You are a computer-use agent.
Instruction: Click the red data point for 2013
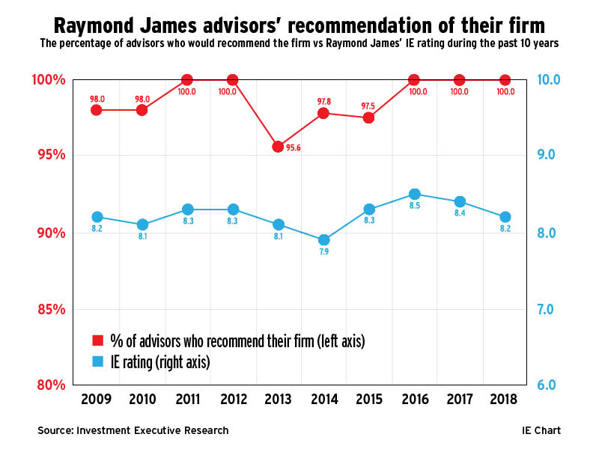pos(278,147)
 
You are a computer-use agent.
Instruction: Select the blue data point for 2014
pos(323,240)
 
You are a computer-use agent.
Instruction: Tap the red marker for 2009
pos(97,110)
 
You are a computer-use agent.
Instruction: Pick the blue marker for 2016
pos(414,194)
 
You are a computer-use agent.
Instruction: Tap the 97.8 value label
pos(323,100)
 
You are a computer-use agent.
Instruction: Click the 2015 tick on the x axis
pos(369,399)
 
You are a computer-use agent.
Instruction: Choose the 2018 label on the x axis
pos(505,399)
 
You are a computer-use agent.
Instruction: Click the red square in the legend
pos(97,340)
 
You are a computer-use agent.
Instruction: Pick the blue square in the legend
pos(97,362)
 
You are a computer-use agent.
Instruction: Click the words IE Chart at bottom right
pos(541,430)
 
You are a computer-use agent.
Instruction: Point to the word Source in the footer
pos(55,430)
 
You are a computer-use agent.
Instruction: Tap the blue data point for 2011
pos(187,210)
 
